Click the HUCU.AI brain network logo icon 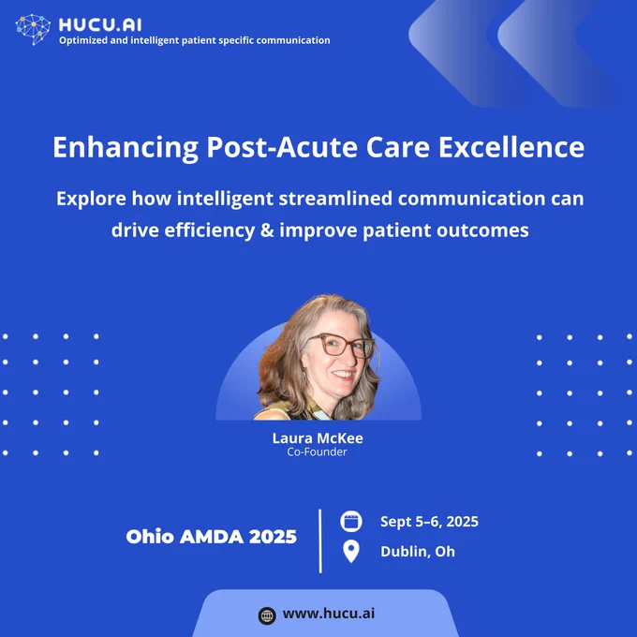(33, 29)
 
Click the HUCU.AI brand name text (100, 25)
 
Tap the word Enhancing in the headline (126, 147)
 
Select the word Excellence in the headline (511, 147)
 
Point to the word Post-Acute (282, 147)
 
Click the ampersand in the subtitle (266, 230)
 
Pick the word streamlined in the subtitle (335, 199)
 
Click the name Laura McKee (318, 438)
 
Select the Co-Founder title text (317, 452)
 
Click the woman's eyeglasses (341, 346)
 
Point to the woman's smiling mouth (344, 374)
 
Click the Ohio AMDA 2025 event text (212, 537)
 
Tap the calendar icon (351, 521)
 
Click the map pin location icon (351, 551)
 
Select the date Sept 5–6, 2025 (429, 522)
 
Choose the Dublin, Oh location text (418, 552)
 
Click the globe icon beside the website (267, 615)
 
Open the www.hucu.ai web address (329, 614)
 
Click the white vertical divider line (320, 541)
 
